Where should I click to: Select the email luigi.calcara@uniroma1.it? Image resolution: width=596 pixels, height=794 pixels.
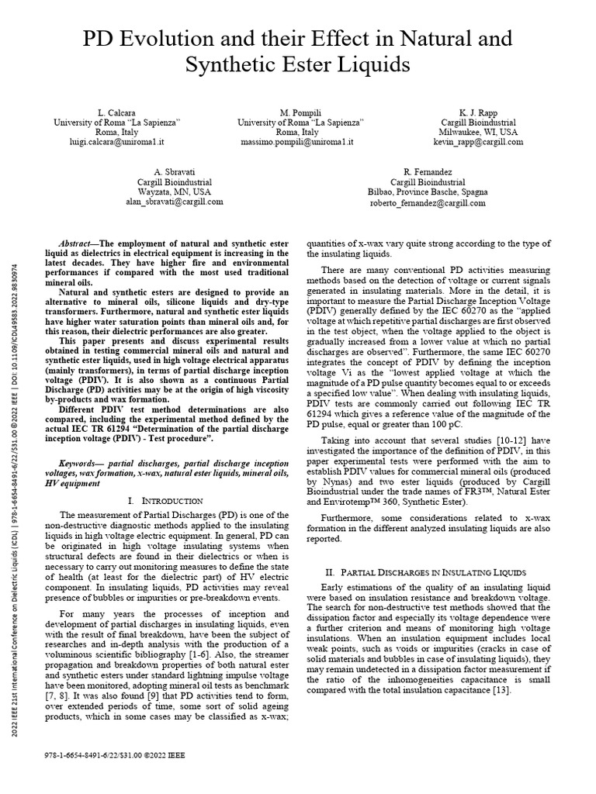tap(116, 142)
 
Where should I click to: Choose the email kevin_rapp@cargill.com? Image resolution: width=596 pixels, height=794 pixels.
tap(477, 142)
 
